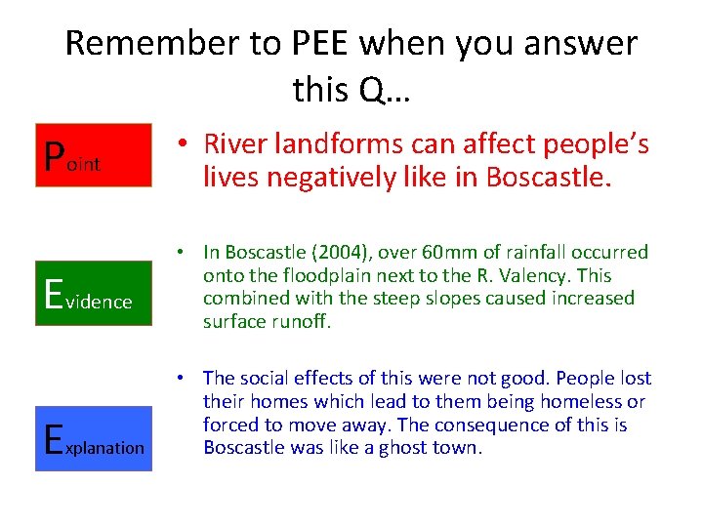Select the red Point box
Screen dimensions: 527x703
tap(94, 154)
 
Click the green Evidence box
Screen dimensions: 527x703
tap(94, 293)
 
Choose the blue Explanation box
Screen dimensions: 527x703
tap(94, 438)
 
